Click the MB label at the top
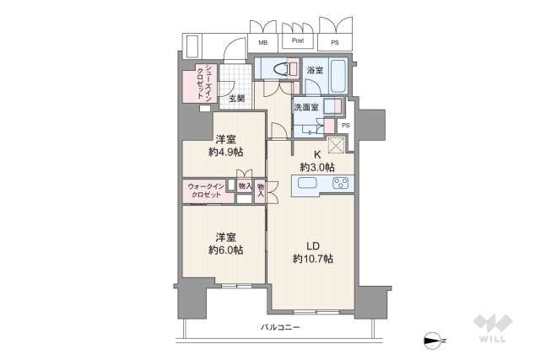point(263,42)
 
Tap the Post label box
point(298,40)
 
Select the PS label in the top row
point(336,42)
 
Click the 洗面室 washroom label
point(306,109)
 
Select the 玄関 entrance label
point(236,99)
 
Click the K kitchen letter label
point(317,154)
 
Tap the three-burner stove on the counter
point(341,185)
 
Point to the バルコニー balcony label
point(279,327)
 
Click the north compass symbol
point(434,341)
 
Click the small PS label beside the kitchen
point(346,126)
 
